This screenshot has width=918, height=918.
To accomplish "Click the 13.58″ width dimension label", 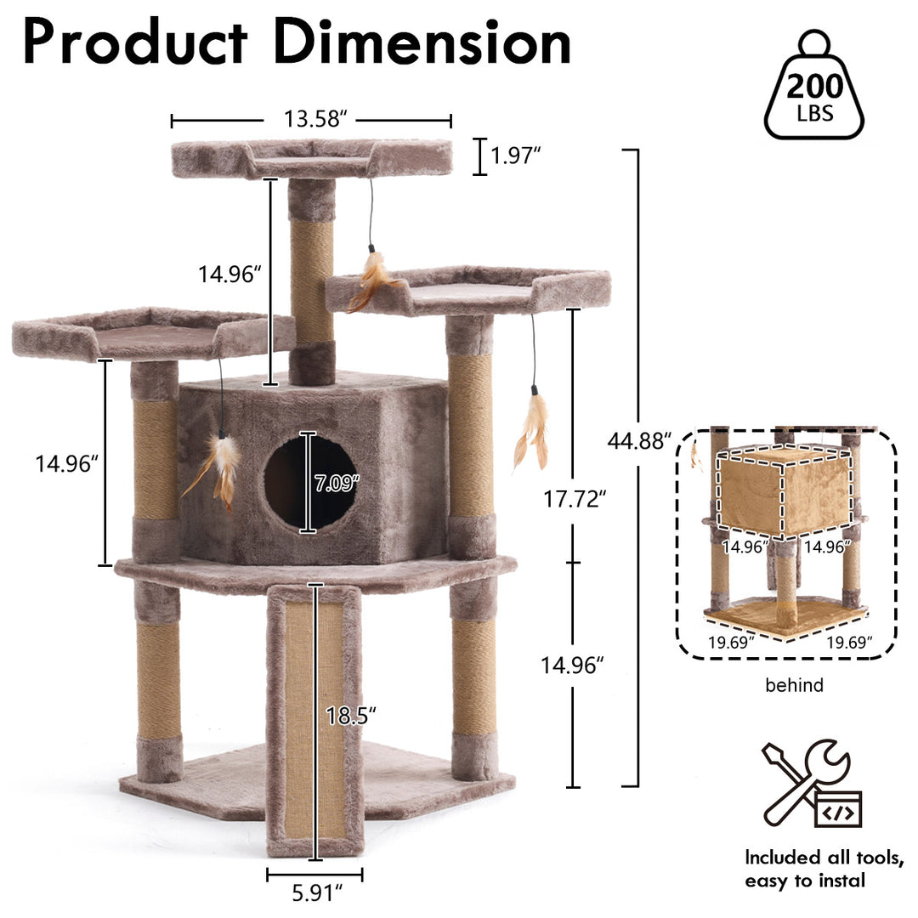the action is (x=315, y=119).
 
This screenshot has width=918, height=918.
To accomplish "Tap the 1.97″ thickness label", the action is (x=515, y=156).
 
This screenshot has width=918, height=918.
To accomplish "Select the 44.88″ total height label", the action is (x=639, y=440).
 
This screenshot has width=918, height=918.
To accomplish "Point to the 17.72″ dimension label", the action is (x=575, y=500).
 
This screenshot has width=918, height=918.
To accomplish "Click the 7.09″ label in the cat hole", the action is (x=336, y=483).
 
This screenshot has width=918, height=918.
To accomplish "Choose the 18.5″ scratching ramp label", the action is (x=351, y=716).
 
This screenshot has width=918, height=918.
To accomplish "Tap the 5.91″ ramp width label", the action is (x=317, y=893).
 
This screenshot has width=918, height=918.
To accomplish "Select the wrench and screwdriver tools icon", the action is (x=812, y=784).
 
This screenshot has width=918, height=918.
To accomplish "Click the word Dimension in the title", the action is (x=422, y=42).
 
